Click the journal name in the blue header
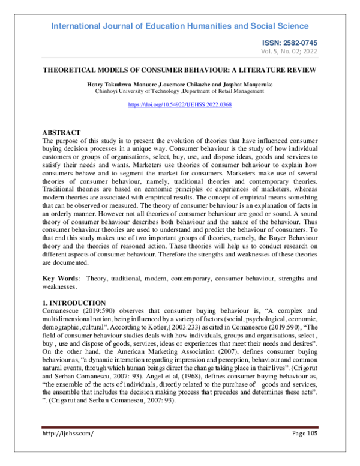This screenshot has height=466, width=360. pyautogui.click(x=179, y=26)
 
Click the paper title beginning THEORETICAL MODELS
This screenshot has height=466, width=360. pyautogui.click(x=179, y=70)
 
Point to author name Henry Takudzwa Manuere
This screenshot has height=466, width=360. pyautogui.click(x=116, y=85)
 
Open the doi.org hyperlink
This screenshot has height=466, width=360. pyautogui.click(x=180, y=104)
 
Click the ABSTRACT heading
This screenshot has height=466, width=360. pyautogui.click(x=62, y=132)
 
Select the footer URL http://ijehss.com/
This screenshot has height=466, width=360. pyautogui.click(x=68, y=433)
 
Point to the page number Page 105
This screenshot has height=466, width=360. pyautogui.click(x=305, y=433)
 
